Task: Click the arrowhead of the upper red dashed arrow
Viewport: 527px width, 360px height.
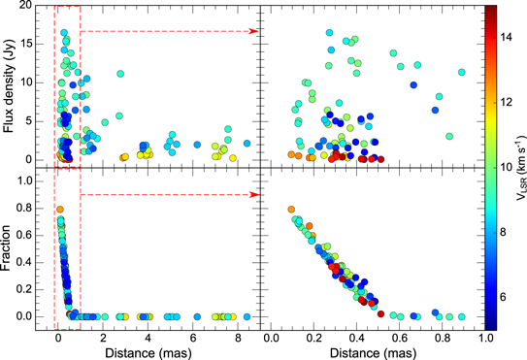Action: (256, 31)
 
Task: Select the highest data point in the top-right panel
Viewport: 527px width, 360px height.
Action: (330, 33)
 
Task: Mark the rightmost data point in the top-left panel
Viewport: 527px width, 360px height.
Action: (247, 143)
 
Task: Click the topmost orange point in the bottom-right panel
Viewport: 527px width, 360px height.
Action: (290, 210)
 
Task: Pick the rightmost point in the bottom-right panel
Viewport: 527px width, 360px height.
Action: (462, 316)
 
